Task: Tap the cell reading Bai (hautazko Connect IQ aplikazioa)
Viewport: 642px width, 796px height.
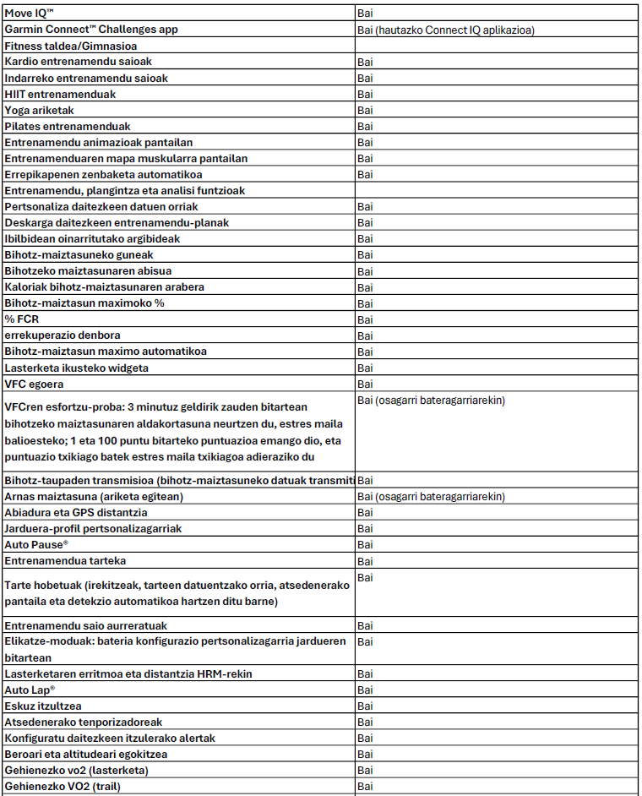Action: pos(446,30)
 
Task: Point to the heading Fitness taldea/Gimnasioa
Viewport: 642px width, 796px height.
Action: pos(71,46)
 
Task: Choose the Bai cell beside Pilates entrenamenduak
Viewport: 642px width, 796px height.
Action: pos(365,126)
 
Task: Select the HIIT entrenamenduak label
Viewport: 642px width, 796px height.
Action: pos(60,94)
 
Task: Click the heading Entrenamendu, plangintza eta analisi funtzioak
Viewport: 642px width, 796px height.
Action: pos(124,191)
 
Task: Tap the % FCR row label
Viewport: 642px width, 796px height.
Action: pos(22,319)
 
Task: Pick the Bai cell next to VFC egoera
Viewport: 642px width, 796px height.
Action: pos(365,384)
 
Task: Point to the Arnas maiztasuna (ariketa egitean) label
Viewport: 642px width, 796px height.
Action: pos(94,496)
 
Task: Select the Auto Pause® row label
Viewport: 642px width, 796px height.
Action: pos(36,544)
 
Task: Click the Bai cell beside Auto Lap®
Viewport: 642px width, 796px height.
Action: pos(365,690)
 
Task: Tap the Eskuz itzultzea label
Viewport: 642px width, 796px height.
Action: pos(43,706)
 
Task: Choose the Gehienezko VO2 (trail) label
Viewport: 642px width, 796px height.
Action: pos(59,787)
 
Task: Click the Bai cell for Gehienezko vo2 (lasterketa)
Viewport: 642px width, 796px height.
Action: pos(365,771)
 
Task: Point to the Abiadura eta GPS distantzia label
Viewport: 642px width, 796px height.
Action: pos(76,512)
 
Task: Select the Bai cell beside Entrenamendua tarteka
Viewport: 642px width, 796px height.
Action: pos(365,560)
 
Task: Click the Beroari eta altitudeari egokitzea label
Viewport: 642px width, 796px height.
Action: pos(86,755)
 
